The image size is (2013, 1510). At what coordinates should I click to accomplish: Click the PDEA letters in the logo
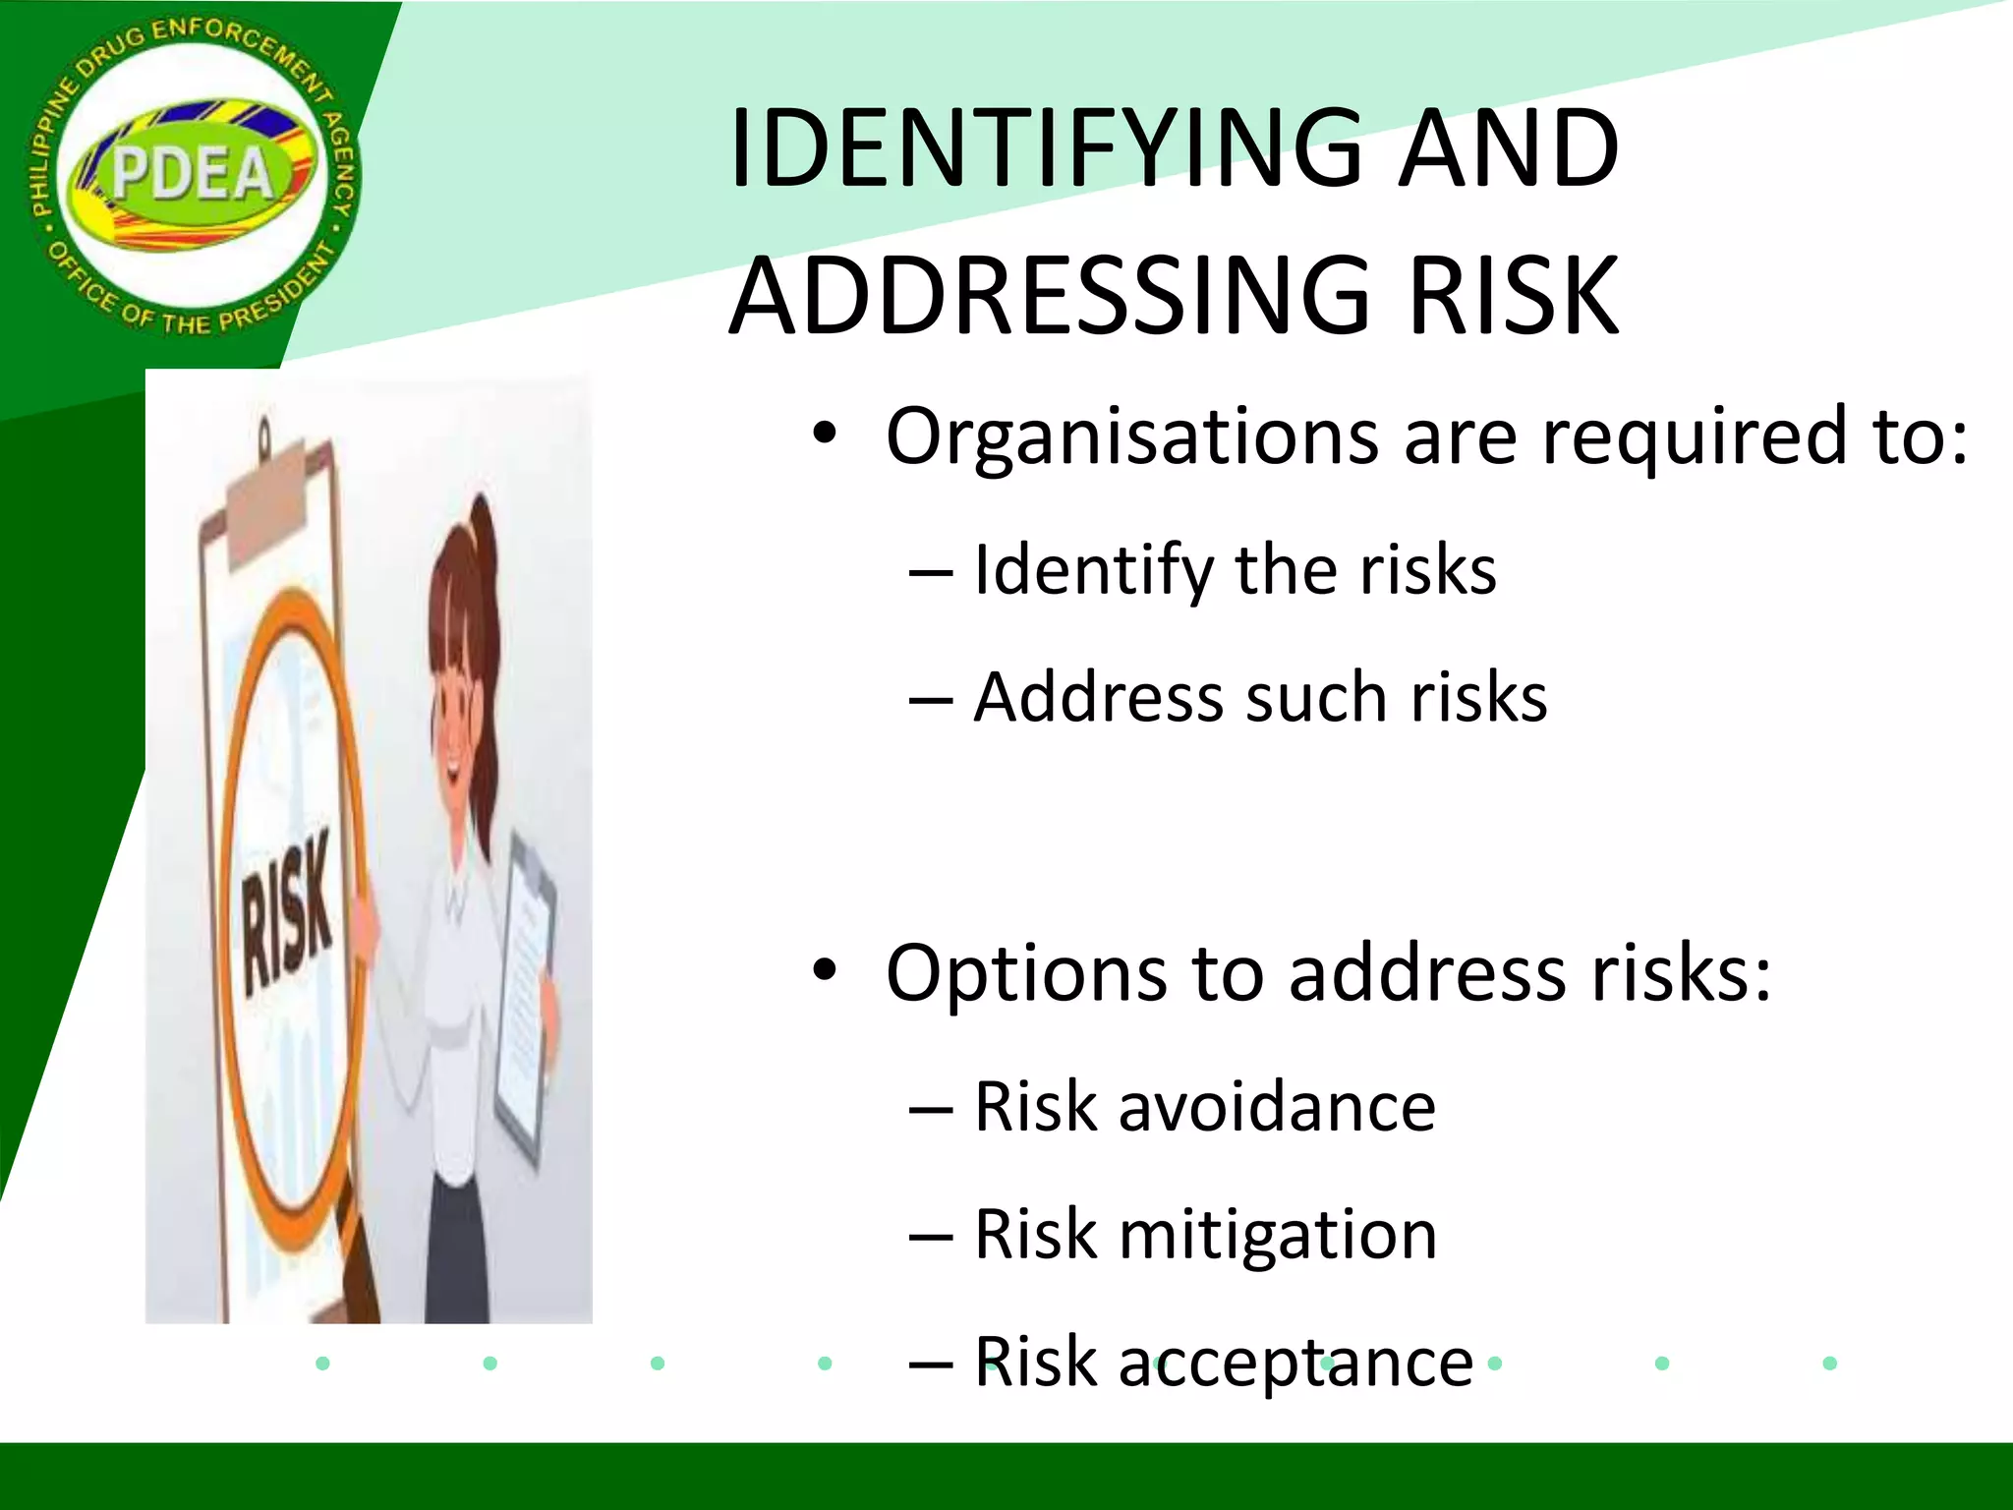(x=192, y=175)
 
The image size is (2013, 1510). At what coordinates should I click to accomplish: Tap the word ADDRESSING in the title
(x=1051, y=296)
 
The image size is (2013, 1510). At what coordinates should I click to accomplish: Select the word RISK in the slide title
(x=1513, y=296)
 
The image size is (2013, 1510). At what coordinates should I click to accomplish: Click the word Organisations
(x=1131, y=436)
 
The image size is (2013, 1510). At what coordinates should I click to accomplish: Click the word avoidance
(x=1277, y=1107)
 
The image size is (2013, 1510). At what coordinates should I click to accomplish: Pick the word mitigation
(x=1278, y=1235)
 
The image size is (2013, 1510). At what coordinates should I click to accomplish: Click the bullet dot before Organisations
(x=824, y=435)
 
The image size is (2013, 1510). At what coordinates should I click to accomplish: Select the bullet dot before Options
(x=824, y=971)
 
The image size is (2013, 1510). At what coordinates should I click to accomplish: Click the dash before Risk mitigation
(x=930, y=1236)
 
